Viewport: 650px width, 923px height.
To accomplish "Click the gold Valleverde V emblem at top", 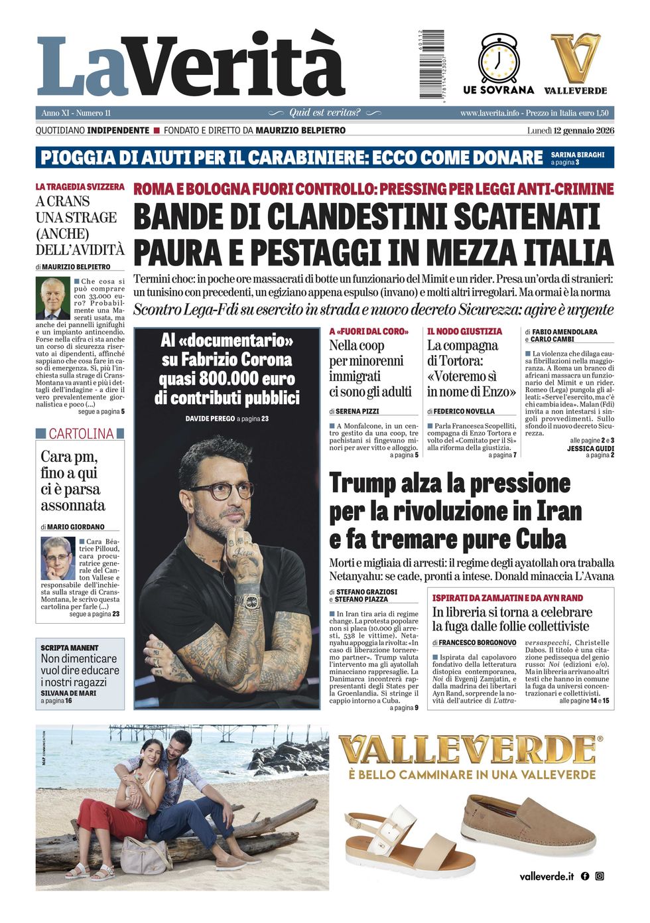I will pos(575,58).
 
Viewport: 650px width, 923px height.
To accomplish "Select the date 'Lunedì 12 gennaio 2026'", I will pos(570,131).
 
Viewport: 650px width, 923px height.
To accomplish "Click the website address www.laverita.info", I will pos(489,113).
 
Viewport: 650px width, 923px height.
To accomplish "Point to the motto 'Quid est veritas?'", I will pos(324,113).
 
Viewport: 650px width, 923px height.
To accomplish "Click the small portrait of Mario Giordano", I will pos(58,558).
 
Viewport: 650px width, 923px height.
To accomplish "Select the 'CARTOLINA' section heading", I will pos(81,434).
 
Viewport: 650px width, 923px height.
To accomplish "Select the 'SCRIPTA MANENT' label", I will pos(70,648).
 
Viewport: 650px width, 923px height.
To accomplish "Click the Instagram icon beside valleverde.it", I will pos(600,876).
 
